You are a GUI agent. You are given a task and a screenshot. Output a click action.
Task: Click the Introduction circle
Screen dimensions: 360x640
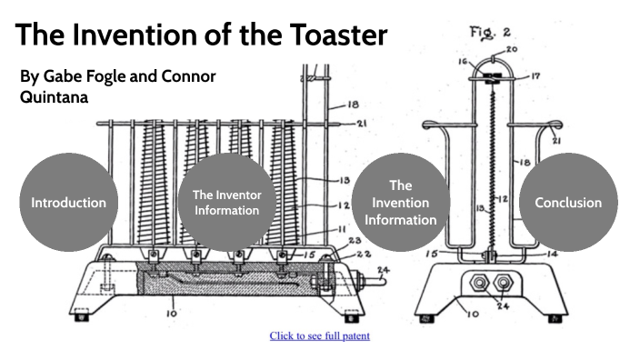tap(69, 202)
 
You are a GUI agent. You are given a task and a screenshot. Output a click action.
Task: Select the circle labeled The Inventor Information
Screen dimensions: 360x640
tap(226, 202)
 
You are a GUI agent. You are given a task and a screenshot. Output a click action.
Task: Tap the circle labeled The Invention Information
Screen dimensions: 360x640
tap(401, 202)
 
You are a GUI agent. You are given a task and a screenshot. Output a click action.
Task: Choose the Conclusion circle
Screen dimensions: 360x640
tap(568, 202)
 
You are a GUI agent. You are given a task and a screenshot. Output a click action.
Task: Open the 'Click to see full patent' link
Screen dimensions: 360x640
tap(319, 335)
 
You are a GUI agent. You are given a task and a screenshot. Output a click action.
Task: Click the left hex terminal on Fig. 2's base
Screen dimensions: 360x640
tap(474, 282)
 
